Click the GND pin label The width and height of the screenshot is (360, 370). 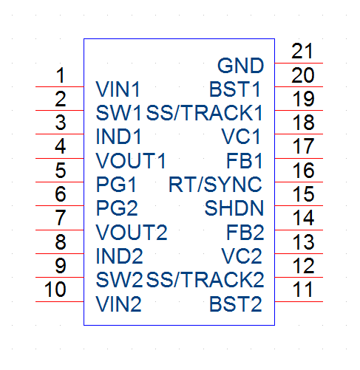pos(240,66)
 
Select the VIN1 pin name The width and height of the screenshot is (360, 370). pos(118,89)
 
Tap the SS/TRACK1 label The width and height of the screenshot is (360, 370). pos(205,113)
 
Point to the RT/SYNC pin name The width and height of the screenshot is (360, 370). pos(215,185)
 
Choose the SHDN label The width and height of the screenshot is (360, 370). pos(234,208)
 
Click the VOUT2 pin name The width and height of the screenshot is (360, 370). pos(132,232)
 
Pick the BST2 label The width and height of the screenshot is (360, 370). pos(236,304)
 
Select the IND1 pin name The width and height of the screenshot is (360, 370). pos(118,137)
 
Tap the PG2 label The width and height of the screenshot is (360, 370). pos(117,208)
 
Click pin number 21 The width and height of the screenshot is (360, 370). pos(302,51)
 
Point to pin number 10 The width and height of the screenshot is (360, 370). pos(55,290)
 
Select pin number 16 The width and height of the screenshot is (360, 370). pos(303,170)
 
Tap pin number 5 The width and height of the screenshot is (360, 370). pos(61,170)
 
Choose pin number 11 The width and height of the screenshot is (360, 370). pos(303,290)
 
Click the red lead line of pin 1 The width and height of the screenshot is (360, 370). pos(60,86)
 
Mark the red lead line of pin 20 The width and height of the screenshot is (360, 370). pos(299,86)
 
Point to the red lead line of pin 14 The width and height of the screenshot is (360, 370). pos(299,230)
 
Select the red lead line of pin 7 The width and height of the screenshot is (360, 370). pos(60,230)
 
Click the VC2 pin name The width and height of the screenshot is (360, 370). pos(242,256)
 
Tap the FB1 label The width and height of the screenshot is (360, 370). pos(245,161)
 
